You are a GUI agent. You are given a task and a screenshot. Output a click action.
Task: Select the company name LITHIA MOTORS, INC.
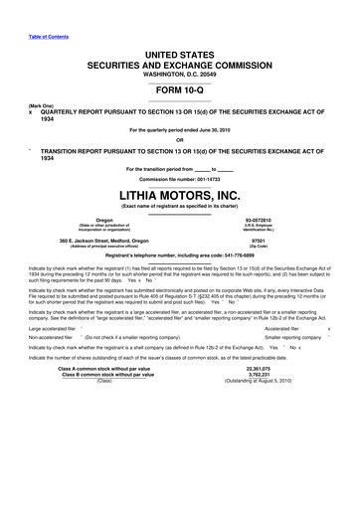[180, 196]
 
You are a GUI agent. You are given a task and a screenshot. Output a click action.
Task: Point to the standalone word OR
[180, 139]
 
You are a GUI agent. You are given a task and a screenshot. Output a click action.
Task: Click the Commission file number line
[180, 177]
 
